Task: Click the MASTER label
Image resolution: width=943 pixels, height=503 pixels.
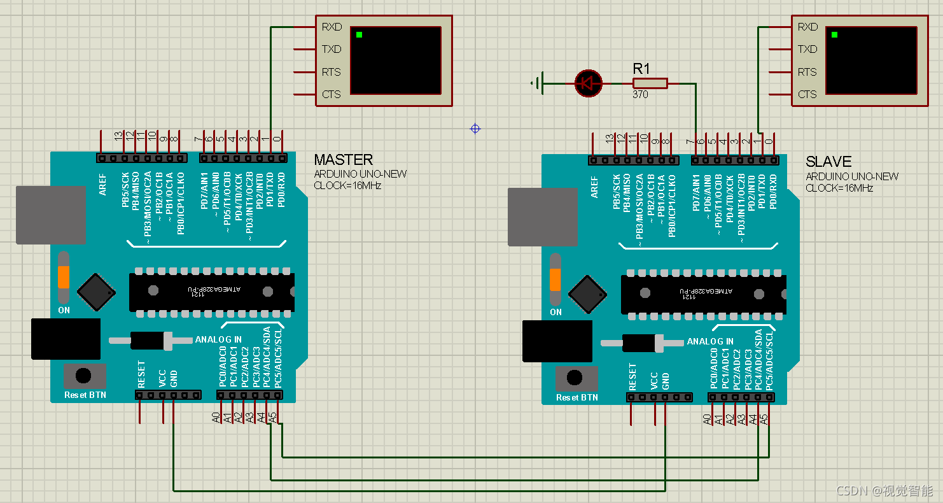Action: click(x=343, y=160)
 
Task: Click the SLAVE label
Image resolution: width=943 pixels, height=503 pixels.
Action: click(x=828, y=162)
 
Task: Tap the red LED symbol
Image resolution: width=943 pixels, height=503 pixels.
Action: click(x=588, y=83)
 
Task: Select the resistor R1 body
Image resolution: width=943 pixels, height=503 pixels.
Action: click(x=650, y=83)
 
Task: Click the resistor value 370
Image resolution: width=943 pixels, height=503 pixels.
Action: click(x=640, y=94)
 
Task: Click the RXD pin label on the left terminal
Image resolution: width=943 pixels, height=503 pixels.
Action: click(x=332, y=27)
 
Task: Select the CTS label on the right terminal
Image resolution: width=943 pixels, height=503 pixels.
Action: click(x=807, y=94)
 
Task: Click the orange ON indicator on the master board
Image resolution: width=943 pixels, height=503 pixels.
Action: click(x=64, y=278)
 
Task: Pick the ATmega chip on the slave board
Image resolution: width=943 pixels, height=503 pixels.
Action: click(x=703, y=294)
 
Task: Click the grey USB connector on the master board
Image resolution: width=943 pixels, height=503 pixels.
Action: click(x=51, y=215)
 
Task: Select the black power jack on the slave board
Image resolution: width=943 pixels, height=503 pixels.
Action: click(x=557, y=341)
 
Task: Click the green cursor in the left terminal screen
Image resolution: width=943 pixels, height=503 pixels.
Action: click(x=360, y=34)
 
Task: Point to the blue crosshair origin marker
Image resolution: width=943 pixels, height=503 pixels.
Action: click(x=475, y=129)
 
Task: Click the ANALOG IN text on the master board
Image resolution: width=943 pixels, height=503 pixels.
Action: click(x=218, y=339)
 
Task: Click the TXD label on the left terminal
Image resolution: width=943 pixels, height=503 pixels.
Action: click(x=332, y=49)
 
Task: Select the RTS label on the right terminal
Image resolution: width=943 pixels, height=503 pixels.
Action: click(x=807, y=72)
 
